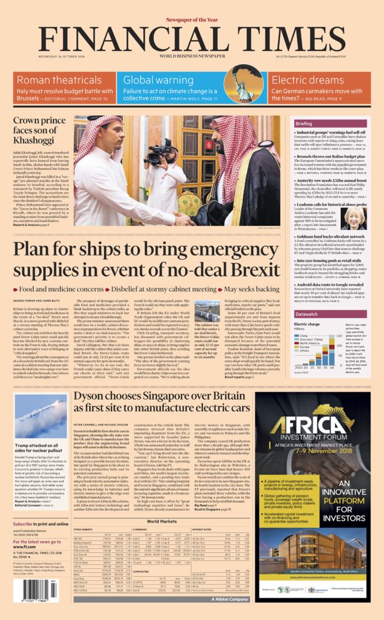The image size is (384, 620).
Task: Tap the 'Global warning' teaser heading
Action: [158, 79]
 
